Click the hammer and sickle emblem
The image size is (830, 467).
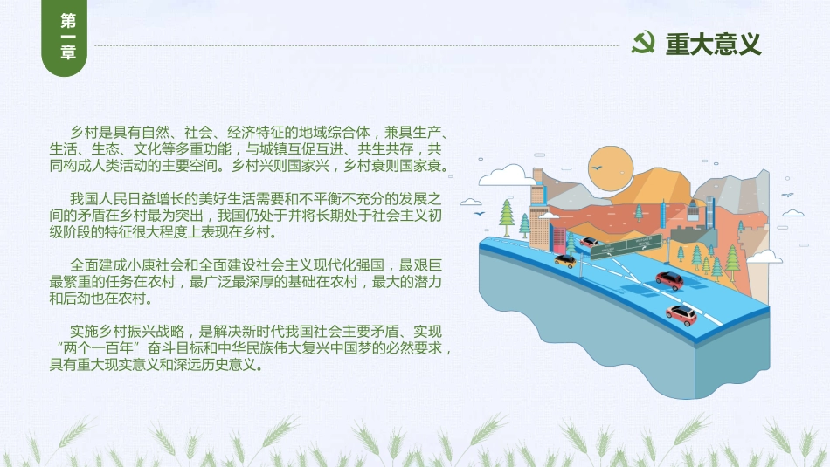click(x=643, y=43)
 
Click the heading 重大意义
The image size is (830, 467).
click(x=714, y=44)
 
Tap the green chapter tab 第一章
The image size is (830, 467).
click(x=64, y=38)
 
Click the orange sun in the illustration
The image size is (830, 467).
click(x=611, y=168)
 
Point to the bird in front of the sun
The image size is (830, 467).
click(x=597, y=168)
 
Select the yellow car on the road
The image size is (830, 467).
click(x=565, y=260)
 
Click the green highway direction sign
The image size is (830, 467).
click(x=626, y=247)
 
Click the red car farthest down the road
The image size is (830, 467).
click(x=681, y=314)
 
